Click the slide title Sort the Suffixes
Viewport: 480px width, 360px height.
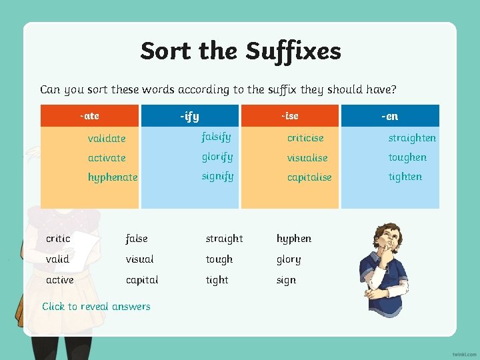click(x=241, y=51)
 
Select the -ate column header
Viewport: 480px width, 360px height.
click(x=89, y=116)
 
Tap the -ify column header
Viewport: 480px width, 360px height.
click(x=189, y=117)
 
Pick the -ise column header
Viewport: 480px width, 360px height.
click(x=289, y=116)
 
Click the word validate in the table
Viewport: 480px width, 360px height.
click(x=107, y=139)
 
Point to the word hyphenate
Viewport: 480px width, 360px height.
click(x=113, y=177)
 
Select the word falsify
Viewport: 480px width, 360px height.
click(x=216, y=137)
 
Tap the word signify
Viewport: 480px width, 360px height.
click(x=217, y=177)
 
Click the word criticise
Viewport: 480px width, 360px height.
click(x=305, y=138)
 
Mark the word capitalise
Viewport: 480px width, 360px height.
click(x=309, y=177)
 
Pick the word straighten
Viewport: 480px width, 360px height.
click(x=412, y=138)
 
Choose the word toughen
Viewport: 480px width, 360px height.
click(x=407, y=157)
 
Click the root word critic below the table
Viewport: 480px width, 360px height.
click(x=58, y=239)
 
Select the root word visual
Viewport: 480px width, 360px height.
click(x=139, y=259)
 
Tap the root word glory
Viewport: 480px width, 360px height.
click(x=289, y=260)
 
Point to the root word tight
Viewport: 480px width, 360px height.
click(x=217, y=280)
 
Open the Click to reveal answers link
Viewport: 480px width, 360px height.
click(x=96, y=307)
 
